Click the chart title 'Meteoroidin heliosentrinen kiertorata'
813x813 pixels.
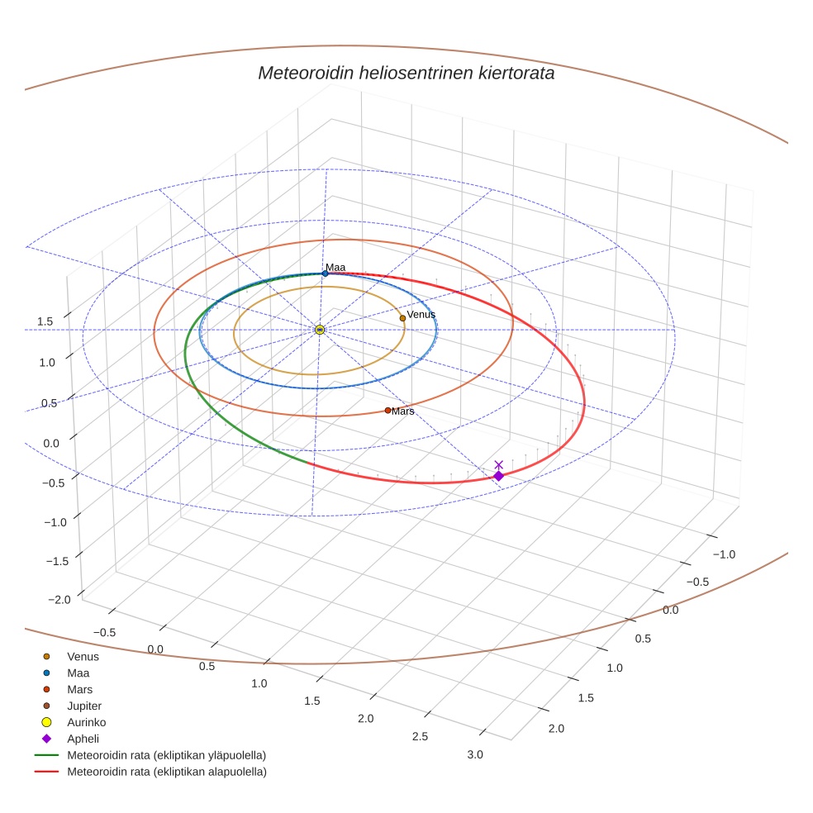[x=406, y=73]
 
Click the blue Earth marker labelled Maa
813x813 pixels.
[x=325, y=273]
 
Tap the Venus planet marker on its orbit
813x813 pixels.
[x=402, y=318]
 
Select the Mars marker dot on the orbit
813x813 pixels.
[x=387, y=410]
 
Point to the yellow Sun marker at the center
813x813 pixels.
[x=320, y=330]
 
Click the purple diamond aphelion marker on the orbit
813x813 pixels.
[x=498, y=475]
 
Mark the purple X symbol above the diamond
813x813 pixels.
[x=498, y=464]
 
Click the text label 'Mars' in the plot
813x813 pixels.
[x=403, y=411]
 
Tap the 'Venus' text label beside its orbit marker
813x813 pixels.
[x=421, y=315]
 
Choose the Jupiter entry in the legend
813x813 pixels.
[x=83, y=706]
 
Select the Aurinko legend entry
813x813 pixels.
[x=86, y=722]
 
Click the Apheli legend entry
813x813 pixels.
[x=82, y=739]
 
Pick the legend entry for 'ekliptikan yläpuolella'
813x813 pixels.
[x=166, y=755]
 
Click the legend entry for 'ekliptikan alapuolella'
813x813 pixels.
[x=166, y=772]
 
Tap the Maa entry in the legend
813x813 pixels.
[x=78, y=673]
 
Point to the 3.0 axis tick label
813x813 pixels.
[x=475, y=754]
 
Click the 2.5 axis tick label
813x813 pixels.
[x=421, y=736]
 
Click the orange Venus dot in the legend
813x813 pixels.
[x=47, y=656]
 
